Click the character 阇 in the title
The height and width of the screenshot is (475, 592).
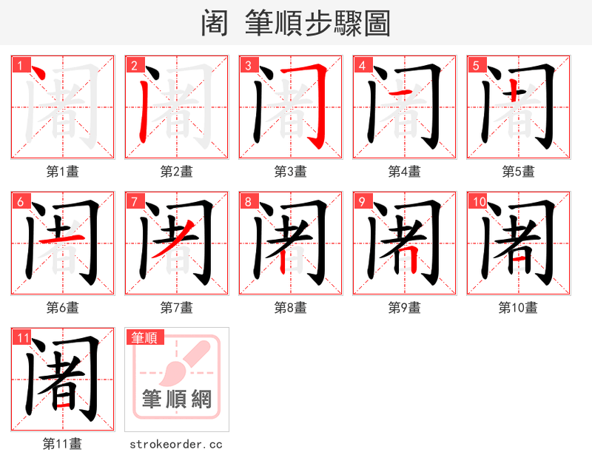(x=215, y=24)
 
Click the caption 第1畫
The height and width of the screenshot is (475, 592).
(x=63, y=172)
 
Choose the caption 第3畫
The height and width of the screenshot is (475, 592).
(x=291, y=172)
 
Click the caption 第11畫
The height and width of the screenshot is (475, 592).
(x=63, y=444)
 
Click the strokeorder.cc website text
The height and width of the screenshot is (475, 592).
(x=176, y=444)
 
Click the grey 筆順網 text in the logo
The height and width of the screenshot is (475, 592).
(x=177, y=400)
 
